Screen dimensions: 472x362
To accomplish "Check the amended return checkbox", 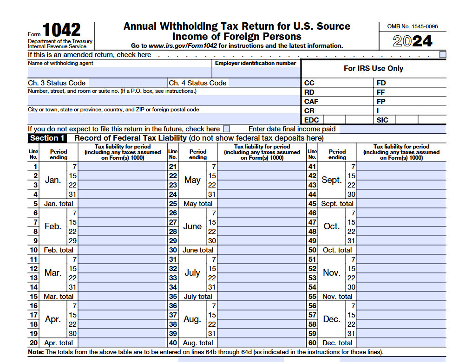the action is [x=443, y=55].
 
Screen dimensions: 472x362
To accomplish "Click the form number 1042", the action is [x=61, y=31].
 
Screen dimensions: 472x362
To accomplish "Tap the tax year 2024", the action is [x=413, y=41].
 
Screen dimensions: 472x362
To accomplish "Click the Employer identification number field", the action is [x=256, y=72].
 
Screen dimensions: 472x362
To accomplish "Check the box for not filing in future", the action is [x=226, y=129].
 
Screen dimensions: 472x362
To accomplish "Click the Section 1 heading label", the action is [x=47, y=138].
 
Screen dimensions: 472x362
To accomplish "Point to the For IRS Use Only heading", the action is [x=374, y=69].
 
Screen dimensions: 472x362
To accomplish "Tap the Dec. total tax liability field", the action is [x=401, y=343].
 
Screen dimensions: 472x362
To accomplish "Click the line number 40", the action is [x=173, y=343].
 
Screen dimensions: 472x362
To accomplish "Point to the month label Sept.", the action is [x=331, y=180].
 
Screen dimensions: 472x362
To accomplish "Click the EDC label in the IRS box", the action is [x=311, y=120].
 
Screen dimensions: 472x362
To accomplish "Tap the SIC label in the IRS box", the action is [x=382, y=120].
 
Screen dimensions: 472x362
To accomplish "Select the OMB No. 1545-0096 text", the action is [x=413, y=26].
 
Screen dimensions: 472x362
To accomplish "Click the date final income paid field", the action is [x=392, y=129].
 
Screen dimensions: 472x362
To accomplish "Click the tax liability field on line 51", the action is [x=401, y=259].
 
